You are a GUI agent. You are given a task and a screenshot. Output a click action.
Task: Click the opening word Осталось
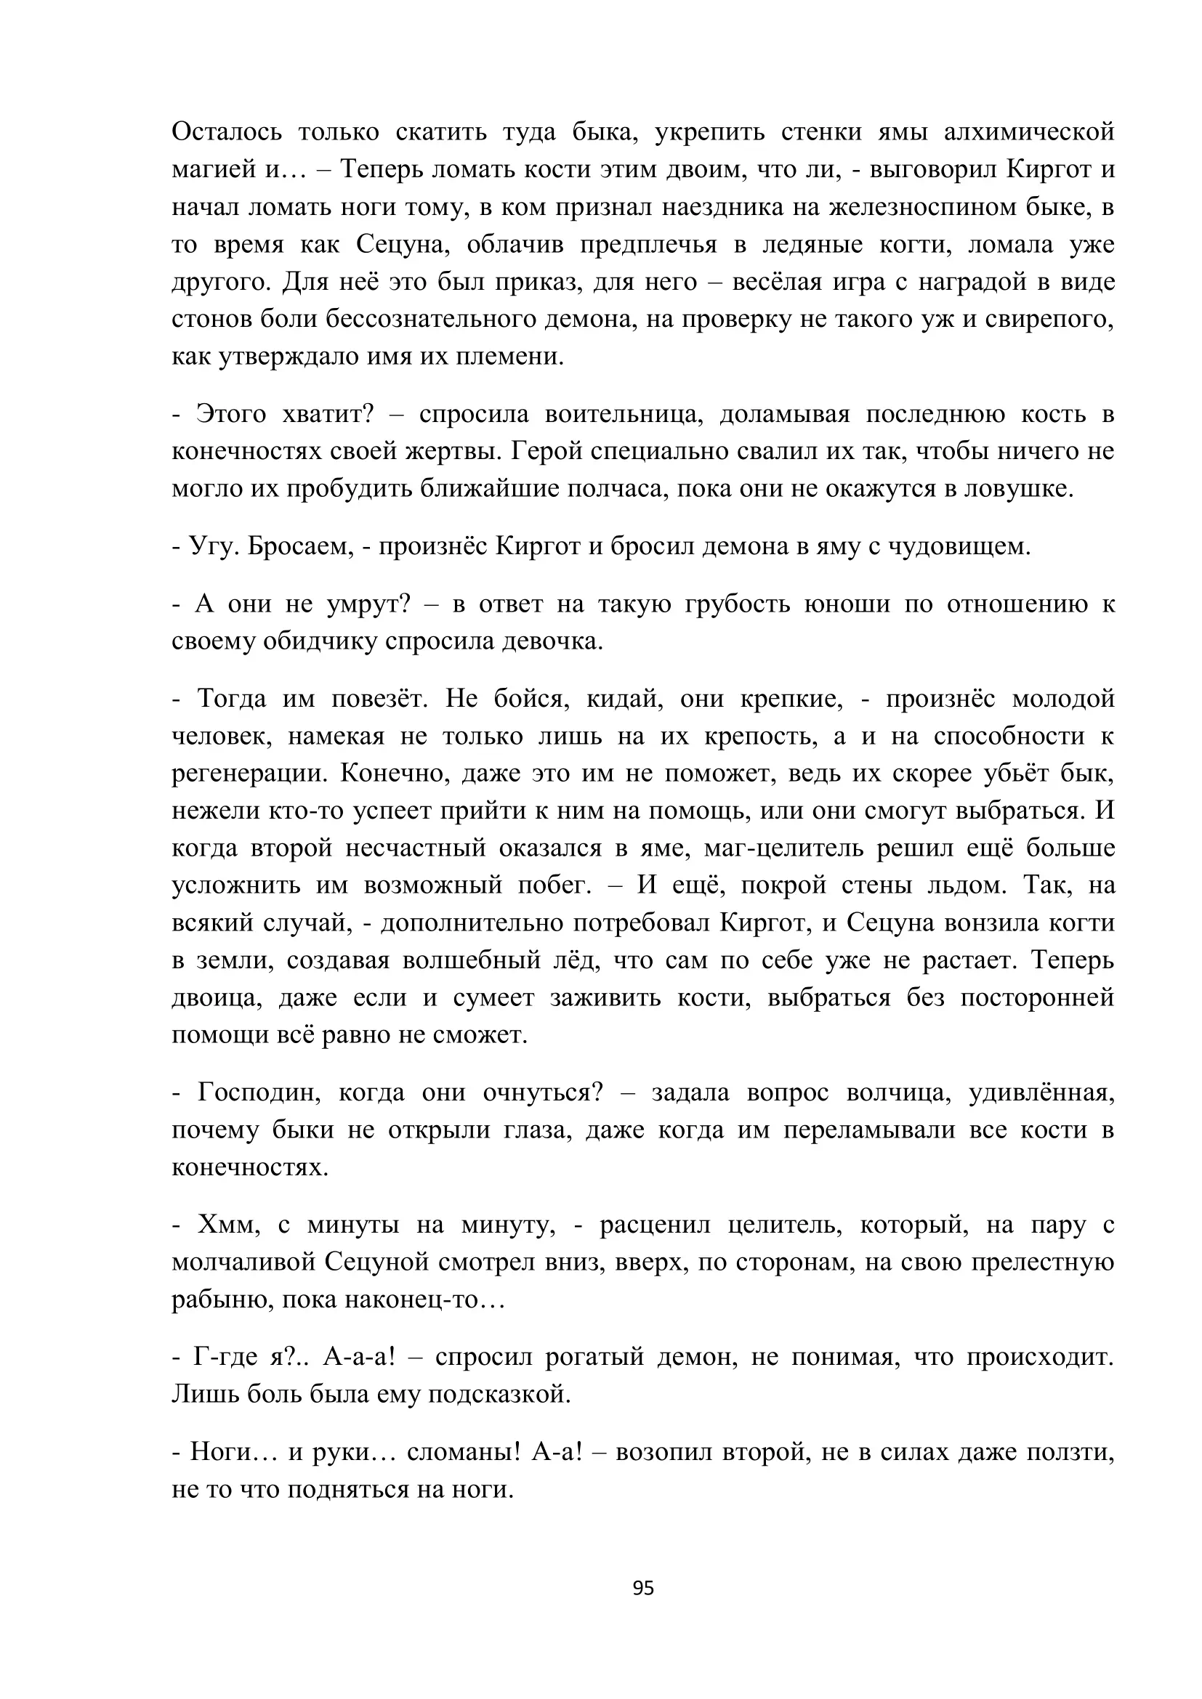click(x=227, y=131)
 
